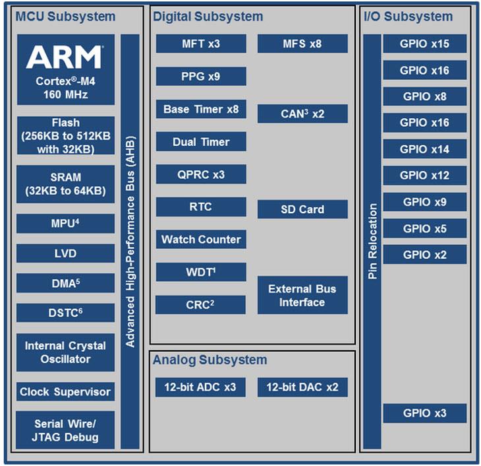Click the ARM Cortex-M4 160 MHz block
65,69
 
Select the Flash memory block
65,135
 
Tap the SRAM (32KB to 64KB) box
65,184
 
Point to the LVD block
65,253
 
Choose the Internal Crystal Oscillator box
65,352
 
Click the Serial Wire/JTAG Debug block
65,430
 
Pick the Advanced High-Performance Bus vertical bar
130,241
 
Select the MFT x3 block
201,44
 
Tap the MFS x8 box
302,44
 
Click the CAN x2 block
302,114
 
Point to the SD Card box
302,209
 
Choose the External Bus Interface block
302,295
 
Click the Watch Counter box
201,240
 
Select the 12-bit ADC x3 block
200,387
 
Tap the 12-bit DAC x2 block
302,387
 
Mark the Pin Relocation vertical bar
372,241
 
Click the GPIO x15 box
424,44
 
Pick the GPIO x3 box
424,413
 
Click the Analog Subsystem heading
210,360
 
